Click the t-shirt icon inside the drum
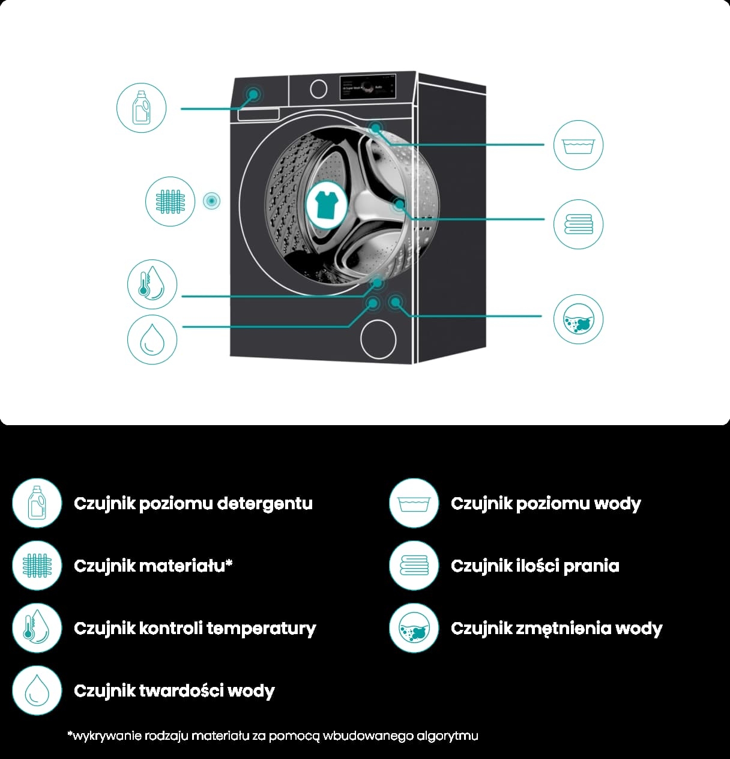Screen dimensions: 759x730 click(326, 204)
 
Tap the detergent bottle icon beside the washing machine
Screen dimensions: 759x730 click(140, 107)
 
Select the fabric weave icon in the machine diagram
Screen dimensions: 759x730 click(170, 201)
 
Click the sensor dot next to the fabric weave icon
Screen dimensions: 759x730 click(211, 201)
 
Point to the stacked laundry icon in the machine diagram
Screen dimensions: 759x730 click(578, 225)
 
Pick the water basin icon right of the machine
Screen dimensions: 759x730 click(578, 145)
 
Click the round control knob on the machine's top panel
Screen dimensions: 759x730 click(319, 89)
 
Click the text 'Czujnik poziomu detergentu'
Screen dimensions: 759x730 click(193, 503)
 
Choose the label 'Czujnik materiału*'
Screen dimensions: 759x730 click(153, 566)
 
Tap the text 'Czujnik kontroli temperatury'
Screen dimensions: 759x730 click(195, 628)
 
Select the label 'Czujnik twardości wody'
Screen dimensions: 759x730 click(174, 691)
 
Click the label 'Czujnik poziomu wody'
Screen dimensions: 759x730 click(546, 503)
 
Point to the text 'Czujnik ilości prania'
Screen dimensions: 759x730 click(535, 566)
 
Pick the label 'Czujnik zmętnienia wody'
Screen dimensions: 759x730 click(557, 628)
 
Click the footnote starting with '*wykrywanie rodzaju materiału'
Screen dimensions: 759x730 click(273, 736)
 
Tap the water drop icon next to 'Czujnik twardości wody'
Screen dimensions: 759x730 click(37, 691)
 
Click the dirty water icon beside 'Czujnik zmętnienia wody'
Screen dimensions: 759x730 click(414, 628)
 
